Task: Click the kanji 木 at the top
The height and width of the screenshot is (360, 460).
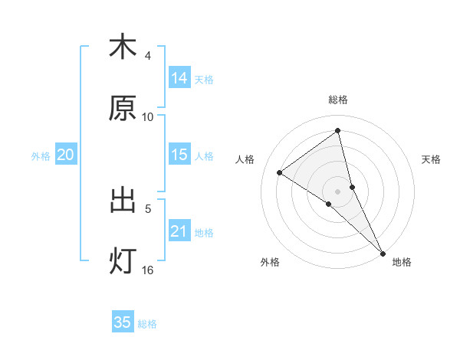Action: click(123, 47)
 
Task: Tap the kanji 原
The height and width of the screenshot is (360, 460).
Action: click(123, 109)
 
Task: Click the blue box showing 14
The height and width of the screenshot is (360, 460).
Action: click(179, 78)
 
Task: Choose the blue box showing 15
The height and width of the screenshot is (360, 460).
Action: click(179, 155)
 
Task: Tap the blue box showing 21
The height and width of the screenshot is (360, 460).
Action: click(179, 231)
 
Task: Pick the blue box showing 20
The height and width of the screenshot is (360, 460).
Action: click(66, 155)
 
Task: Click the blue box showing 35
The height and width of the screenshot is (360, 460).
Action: click(123, 322)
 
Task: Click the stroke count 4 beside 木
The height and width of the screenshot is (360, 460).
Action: click(148, 56)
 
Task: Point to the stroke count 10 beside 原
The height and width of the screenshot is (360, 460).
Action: click(148, 117)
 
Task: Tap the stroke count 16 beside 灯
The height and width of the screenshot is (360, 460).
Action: click(148, 270)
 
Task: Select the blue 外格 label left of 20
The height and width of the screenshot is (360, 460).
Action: click(41, 155)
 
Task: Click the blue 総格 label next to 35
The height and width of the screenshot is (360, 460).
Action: click(147, 323)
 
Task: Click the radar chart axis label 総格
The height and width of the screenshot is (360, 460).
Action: click(338, 100)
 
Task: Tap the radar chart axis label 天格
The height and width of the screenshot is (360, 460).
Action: click(431, 159)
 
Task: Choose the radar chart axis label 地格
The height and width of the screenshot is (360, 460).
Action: click(402, 262)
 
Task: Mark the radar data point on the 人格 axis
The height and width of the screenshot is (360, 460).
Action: click(280, 172)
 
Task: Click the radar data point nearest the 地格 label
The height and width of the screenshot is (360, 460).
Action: click(383, 252)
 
